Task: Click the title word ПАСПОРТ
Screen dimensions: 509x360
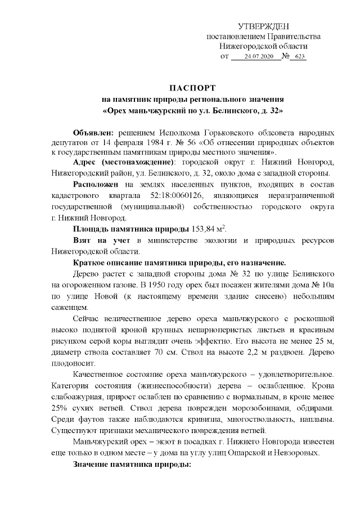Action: pyautogui.click(x=192, y=89)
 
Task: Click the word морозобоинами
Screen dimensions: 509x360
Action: pyautogui.click(x=259, y=408)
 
